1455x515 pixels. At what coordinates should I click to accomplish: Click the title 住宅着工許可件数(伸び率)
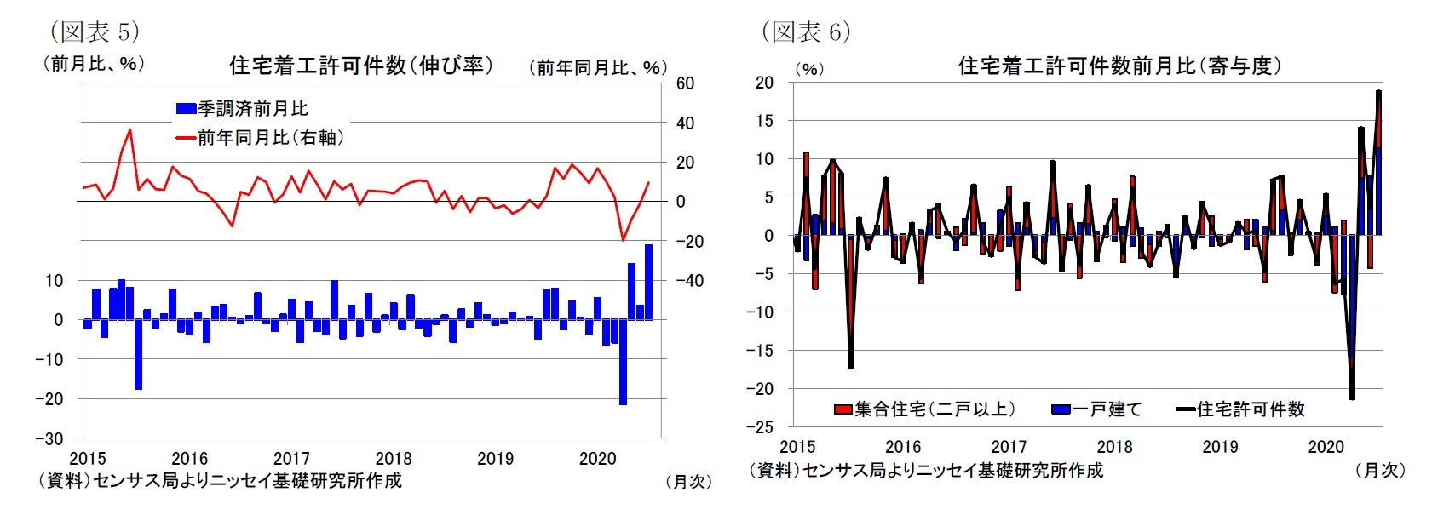[361, 66]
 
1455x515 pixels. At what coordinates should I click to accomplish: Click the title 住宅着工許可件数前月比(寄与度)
[1119, 66]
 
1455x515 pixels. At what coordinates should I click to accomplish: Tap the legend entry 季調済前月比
[252, 109]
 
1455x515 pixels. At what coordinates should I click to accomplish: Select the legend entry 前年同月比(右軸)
[270, 138]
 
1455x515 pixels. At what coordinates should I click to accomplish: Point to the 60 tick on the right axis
[685, 83]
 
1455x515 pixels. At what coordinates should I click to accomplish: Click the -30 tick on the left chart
[49, 438]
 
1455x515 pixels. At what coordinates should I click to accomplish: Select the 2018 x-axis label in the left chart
[393, 459]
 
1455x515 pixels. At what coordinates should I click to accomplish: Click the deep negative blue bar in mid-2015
[138, 354]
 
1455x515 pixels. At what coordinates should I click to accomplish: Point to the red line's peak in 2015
[129, 130]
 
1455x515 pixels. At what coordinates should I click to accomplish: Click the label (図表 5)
[94, 32]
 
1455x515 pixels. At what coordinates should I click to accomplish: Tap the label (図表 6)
[805, 32]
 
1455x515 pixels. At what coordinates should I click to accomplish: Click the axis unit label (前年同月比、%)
[597, 67]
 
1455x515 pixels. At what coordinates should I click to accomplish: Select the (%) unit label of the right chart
[808, 69]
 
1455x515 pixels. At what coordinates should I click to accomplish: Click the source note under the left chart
[219, 481]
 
